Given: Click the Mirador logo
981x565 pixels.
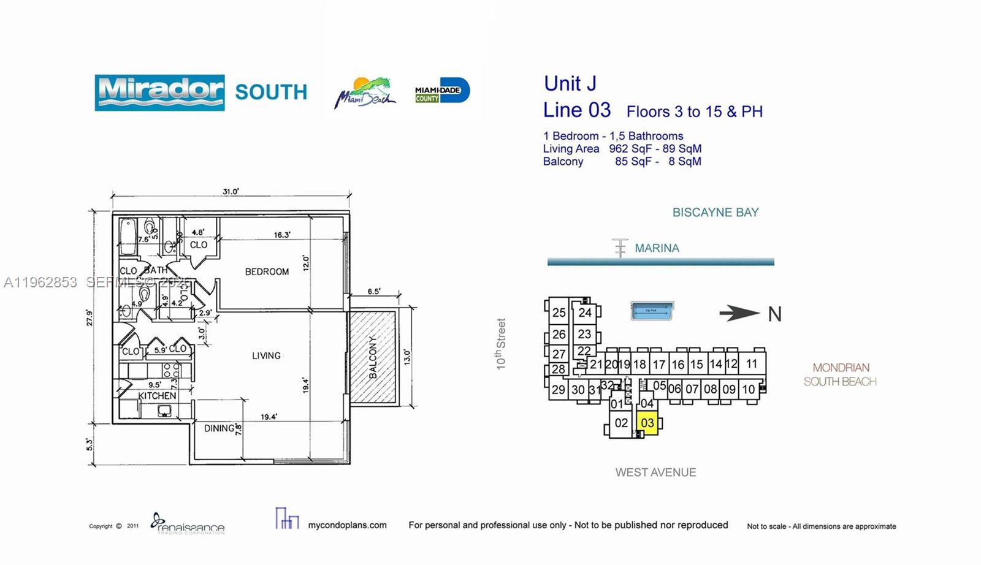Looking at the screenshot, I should click(x=159, y=93).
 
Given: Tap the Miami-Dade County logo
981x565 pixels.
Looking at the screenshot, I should click(x=442, y=91).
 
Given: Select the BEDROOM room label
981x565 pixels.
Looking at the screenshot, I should click(x=267, y=271).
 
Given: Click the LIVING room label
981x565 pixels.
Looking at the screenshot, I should click(x=266, y=355).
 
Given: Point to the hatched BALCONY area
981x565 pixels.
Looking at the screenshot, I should click(x=373, y=357).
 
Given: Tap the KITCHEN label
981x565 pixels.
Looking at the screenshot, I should click(x=157, y=396).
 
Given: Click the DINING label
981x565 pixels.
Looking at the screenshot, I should click(x=219, y=428).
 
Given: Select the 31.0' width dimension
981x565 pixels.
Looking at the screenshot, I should click(x=231, y=192).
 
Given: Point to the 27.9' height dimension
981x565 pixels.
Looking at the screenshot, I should click(x=90, y=317).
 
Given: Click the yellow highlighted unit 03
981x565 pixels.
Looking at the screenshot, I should click(x=647, y=423).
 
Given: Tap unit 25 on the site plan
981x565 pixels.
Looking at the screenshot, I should click(x=559, y=313).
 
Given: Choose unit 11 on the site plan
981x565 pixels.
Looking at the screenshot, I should click(x=752, y=363).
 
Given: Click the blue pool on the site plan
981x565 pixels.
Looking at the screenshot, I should click(x=652, y=311).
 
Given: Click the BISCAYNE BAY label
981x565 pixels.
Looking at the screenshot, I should click(x=716, y=213).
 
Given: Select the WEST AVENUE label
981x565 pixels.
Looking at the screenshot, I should click(x=655, y=472).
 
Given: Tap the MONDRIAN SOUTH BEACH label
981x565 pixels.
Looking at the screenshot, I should click(x=840, y=374).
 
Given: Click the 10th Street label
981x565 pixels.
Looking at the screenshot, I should click(x=502, y=344).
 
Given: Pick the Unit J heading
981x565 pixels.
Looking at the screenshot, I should click(x=570, y=83).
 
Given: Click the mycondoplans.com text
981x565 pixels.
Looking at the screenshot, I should click(x=347, y=525).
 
